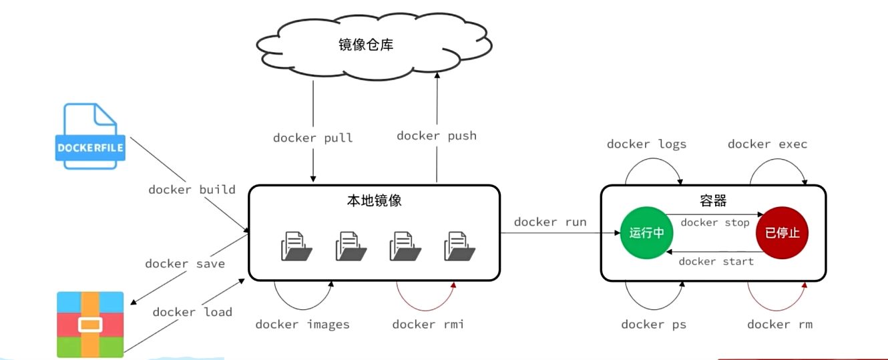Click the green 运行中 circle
point(646,232)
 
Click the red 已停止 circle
point(782,232)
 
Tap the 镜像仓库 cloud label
point(366,45)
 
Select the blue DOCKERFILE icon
point(90,136)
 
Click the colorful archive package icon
point(90,325)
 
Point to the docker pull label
point(312,138)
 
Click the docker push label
point(437,136)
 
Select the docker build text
point(192,190)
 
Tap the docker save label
point(185,264)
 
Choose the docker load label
point(192,312)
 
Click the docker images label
point(302,325)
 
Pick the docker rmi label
point(428,325)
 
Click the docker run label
point(550,222)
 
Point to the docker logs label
point(646,144)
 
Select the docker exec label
point(768,144)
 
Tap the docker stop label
point(715,223)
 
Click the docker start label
point(716,262)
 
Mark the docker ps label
point(654,325)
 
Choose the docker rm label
point(780,325)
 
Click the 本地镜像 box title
point(374,200)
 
